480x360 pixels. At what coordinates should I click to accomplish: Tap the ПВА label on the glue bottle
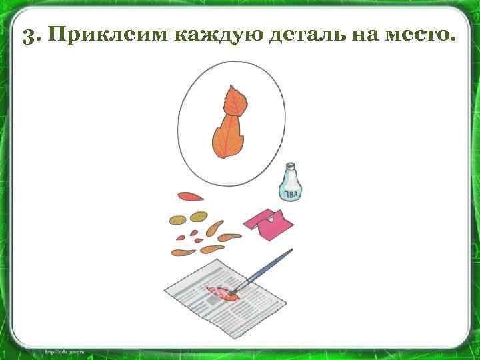click(x=290, y=193)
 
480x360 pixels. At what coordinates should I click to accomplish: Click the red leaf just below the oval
click(x=190, y=197)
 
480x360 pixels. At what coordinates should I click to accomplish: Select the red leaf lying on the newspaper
click(x=220, y=293)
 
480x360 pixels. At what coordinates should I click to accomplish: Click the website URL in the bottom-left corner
click(x=63, y=351)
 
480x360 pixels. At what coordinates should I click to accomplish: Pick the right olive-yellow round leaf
click(x=198, y=217)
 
